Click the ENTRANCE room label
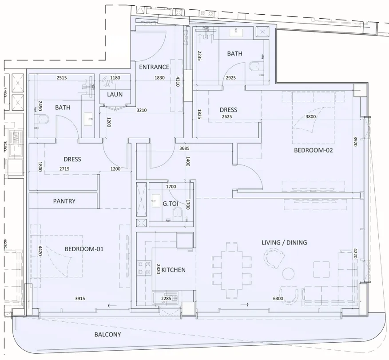click(x=154, y=67)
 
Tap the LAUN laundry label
click(x=115, y=94)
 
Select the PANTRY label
click(x=64, y=201)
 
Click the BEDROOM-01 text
click(x=84, y=249)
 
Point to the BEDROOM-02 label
click(x=313, y=150)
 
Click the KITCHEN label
click(x=173, y=270)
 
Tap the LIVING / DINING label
click(x=284, y=242)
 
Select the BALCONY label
click(x=107, y=334)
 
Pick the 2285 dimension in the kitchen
click(x=166, y=299)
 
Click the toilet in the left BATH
click(x=44, y=120)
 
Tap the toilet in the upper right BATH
click(x=254, y=67)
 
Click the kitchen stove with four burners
click(x=144, y=267)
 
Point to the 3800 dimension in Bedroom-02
click(x=311, y=117)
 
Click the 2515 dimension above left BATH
click(x=62, y=78)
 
